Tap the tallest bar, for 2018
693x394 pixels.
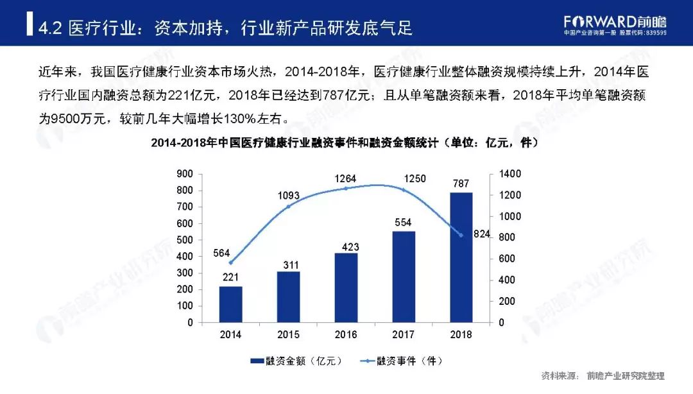tap(461, 257)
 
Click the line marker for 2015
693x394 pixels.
tap(288, 206)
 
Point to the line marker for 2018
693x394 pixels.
tap(461, 235)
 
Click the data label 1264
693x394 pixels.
tap(345, 178)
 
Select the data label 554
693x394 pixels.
tap(404, 221)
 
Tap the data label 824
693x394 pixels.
tap(482, 235)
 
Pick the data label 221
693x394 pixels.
tap(231, 277)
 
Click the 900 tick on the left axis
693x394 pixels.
tap(185, 174)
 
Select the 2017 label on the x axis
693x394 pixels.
tap(404, 334)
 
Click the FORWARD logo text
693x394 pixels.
tap(601, 20)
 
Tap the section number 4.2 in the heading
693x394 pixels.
tap(50, 28)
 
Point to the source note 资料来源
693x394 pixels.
tap(556, 376)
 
